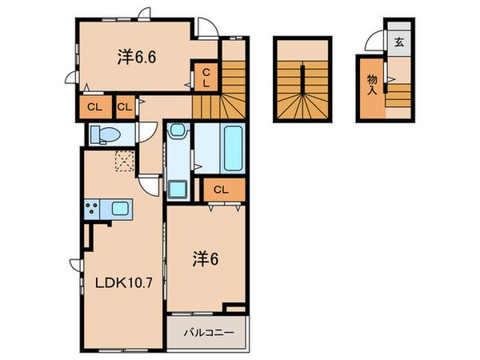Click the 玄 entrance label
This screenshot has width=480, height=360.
point(398,42)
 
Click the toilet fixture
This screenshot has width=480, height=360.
point(103,134)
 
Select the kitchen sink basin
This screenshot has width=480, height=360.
point(121,210)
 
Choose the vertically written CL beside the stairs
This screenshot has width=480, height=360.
point(206,77)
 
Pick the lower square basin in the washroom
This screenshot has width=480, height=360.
point(178,190)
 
